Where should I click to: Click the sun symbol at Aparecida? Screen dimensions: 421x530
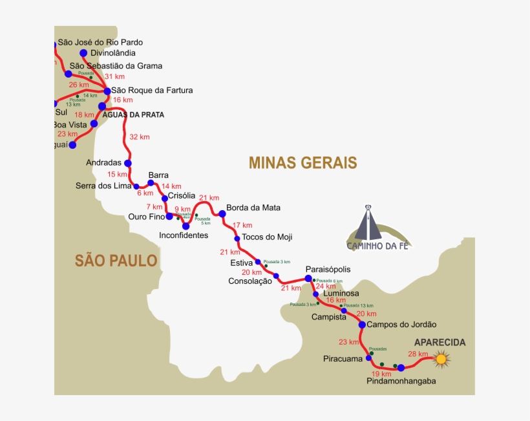coord(441,358)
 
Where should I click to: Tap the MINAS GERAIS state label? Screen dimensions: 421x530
coord(302,162)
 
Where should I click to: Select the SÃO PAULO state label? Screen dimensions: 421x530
coord(116,261)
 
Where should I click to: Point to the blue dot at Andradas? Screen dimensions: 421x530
coord(128,163)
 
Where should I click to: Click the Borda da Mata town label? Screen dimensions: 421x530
coord(253,208)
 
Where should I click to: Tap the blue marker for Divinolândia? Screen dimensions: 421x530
coord(83,53)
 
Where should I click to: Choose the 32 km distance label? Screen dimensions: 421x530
coord(139,137)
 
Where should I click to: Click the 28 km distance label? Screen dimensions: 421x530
coord(418,354)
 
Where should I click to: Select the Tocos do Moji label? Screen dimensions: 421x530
coord(267,237)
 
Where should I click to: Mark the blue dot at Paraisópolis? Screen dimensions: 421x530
coord(308,279)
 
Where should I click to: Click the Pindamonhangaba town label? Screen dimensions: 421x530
coord(401,381)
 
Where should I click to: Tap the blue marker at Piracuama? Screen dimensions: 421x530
coord(368,357)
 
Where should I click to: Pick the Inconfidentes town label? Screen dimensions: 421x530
coord(184,235)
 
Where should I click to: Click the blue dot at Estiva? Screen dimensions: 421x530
coord(258,262)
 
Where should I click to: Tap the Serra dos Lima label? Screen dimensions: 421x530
coord(103,186)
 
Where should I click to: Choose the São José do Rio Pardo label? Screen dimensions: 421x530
coord(100,42)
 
